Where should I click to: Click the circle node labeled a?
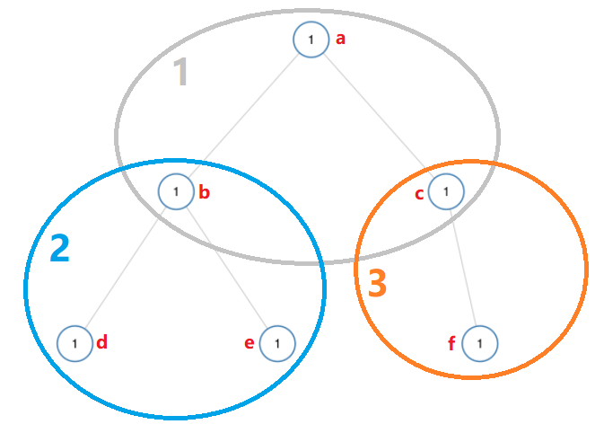[x=311, y=40]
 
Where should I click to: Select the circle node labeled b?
[x=177, y=191]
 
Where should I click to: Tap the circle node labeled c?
[x=446, y=190]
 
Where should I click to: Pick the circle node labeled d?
[x=74, y=343]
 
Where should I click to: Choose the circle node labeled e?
[x=278, y=343]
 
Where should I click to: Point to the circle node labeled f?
[x=480, y=343]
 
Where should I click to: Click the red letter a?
[x=340, y=39]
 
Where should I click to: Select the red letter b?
[x=205, y=191]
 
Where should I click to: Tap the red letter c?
[x=419, y=193]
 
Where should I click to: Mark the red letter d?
[x=102, y=341]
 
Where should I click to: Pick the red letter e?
[x=249, y=343]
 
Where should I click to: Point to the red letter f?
[x=452, y=343]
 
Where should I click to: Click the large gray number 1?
[x=180, y=73]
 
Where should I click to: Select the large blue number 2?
[x=59, y=249]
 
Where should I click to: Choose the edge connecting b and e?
[x=227, y=267]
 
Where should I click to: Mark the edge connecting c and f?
[x=463, y=267]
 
